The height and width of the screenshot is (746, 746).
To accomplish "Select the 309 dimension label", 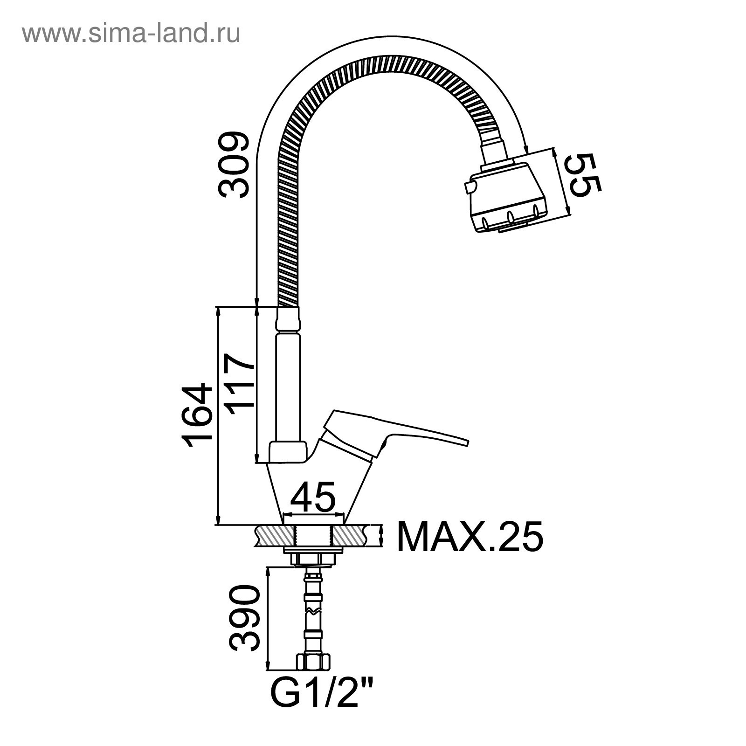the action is tap(235, 163).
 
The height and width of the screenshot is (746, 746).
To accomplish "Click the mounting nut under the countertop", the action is tap(313, 558).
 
